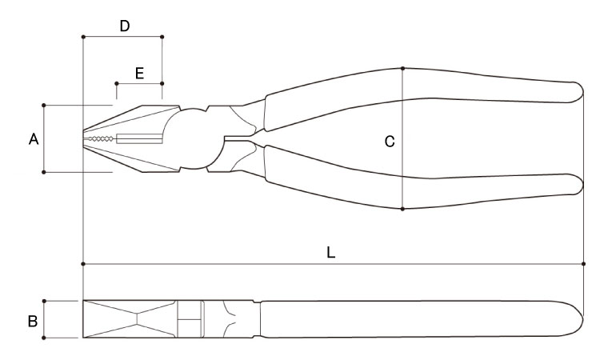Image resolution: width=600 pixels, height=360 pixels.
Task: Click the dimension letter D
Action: pos(125,26)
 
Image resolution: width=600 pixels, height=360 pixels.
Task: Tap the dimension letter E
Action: pos(140,73)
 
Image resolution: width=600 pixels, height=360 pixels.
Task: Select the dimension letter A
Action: pos(34,139)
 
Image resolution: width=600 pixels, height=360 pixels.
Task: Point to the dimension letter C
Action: pos(390,142)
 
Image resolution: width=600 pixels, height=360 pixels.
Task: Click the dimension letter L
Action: pos(331,252)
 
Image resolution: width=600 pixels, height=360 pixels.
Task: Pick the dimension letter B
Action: pos(33,321)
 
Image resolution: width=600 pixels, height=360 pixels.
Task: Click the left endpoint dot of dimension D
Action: pos(83,37)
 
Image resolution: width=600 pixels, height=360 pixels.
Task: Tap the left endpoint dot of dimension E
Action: pos(117,83)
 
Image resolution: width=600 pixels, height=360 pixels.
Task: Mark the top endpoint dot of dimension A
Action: pos(44,105)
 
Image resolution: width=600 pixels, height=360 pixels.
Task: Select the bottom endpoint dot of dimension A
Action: pos(44,172)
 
